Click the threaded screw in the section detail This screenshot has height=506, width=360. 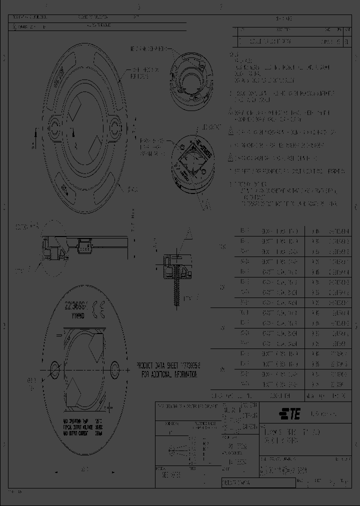click(176, 290)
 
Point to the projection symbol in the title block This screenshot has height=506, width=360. click(177, 446)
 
